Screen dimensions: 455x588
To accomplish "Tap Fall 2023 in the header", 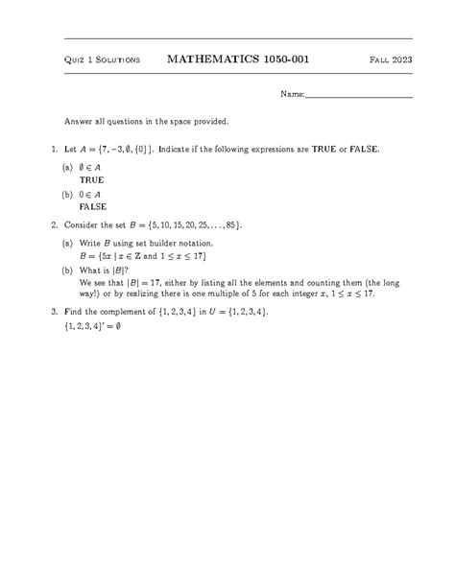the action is click(391, 61).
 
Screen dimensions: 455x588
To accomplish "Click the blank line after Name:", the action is click(359, 97).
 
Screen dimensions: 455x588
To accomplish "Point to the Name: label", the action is click(292, 95).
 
